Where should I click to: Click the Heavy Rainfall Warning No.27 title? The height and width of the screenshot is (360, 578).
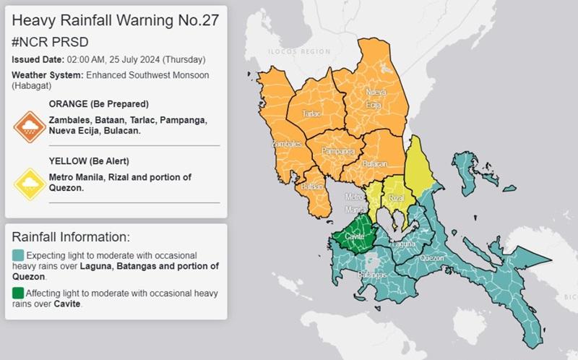coord(115,20)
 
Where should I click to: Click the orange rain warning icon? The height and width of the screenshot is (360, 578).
coord(30,127)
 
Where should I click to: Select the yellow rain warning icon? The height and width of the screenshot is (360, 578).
coord(30,184)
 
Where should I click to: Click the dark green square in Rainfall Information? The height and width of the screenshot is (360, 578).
coord(17,293)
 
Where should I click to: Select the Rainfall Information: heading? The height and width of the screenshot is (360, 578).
coord(71,236)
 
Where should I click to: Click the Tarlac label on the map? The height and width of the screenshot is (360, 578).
coord(311,114)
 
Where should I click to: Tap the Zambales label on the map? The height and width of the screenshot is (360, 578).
coord(286,144)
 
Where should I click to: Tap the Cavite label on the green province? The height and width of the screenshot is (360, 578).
coord(354,236)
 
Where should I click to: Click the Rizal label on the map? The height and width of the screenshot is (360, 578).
coord(396,197)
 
